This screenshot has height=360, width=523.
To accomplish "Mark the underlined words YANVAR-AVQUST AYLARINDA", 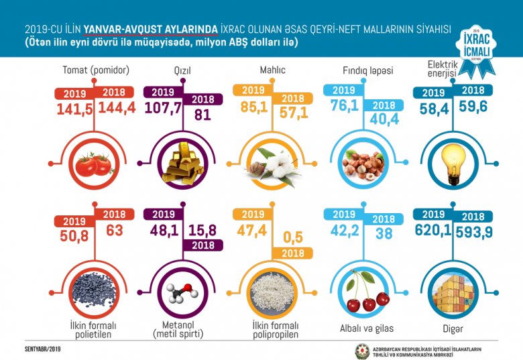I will (x=150, y=29).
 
